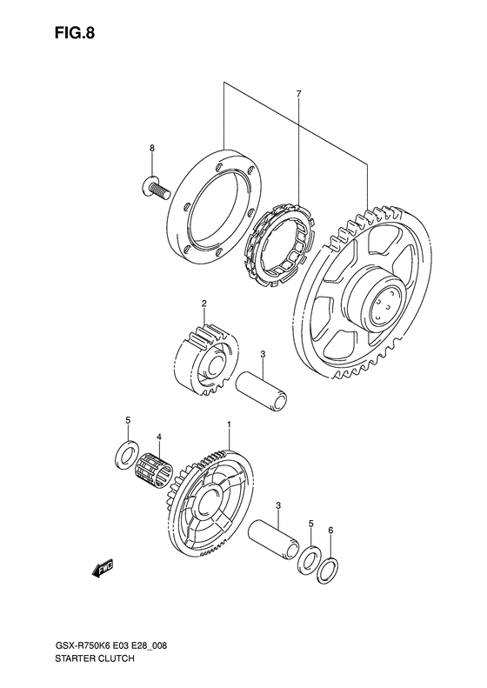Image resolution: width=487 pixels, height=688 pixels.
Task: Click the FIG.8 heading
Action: pyautogui.click(x=75, y=33)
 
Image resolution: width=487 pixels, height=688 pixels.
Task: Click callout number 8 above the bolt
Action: pyautogui.click(x=152, y=149)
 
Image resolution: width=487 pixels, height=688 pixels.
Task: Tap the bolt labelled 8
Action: pyautogui.click(x=156, y=190)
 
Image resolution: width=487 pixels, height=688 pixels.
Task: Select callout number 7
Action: pyautogui.click(x=298, y=93)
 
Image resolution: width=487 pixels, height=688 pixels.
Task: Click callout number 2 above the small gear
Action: pyautogui.click(x=204, y=304)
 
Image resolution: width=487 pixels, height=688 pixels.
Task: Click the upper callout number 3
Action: pyautogui.click(x=263, y=354)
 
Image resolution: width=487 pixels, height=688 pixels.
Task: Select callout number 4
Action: pyautogui.click(x=159, y=437)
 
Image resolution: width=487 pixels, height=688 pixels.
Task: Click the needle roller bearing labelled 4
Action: pyautogui.click(x=155, y=471)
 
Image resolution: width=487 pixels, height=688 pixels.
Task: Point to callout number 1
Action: pyautogui.click(x=229, y=424)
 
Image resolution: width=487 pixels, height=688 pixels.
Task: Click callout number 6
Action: pyautogui.click(x=330, y=531)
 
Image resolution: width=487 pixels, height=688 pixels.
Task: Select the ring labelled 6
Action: pyautogui.click(x=327, y=570)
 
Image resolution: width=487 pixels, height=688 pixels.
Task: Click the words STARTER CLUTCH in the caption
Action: pyautogui.click(x=95, y=671)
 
